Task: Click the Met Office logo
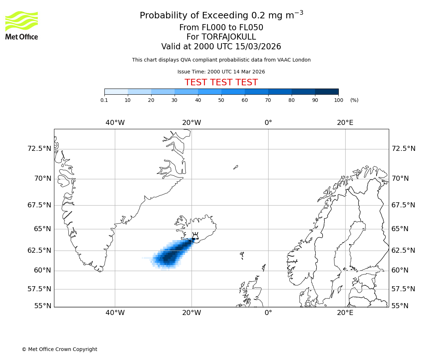22,25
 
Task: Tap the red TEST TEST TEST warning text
221,82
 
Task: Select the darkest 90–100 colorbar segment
327,91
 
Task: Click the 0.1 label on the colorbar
104,100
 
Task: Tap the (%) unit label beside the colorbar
354,100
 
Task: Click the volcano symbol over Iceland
195,237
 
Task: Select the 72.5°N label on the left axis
40,149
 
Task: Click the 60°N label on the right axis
400,270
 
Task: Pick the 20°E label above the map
345,123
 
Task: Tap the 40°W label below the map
115,312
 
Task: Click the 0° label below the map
268,312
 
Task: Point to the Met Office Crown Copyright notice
59,349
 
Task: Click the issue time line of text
221,72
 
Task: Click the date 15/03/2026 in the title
258,47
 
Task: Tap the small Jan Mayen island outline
236,167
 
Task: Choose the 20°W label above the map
192,123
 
